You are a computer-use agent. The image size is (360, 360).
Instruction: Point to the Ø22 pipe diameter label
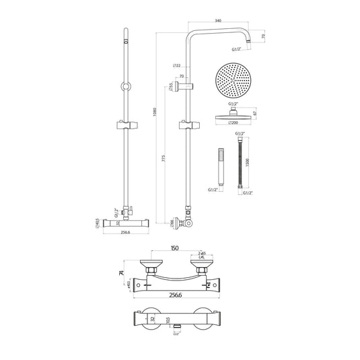click(x=176, y=65)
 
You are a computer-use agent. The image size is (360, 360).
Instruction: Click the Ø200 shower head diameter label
click(x=233, y=124)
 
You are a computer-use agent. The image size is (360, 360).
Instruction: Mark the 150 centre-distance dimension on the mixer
click(x=176, y=248)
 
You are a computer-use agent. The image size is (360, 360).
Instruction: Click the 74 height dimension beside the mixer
click(x=122, y=273)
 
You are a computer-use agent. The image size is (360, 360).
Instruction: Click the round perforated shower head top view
click(x=233, y=81)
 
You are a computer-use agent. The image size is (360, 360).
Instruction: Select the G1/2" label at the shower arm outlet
click(x=236, y=49)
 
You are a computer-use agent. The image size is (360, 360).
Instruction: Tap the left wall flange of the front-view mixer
click(x=149, y=265)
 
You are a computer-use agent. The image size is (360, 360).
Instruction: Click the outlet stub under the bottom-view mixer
click(x=176, y=328)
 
